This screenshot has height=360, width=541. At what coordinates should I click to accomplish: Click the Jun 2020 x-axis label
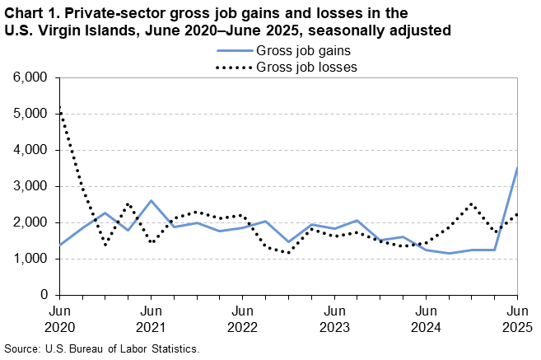[59, 319]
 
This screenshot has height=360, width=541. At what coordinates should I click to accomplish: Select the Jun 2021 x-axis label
[151, 319]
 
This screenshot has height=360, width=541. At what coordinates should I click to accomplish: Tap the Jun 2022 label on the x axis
[242, 319]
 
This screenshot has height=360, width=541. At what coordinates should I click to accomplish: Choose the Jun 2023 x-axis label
[333, 319]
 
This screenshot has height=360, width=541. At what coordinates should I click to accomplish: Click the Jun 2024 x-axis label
[425, 319]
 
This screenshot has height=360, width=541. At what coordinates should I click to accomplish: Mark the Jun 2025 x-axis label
[516, 319]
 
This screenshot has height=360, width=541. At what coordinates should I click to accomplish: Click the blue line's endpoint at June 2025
[517, 168]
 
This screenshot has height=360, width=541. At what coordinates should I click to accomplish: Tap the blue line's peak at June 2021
[151, 201]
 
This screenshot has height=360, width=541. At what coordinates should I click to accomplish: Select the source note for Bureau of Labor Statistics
[102, 348]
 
